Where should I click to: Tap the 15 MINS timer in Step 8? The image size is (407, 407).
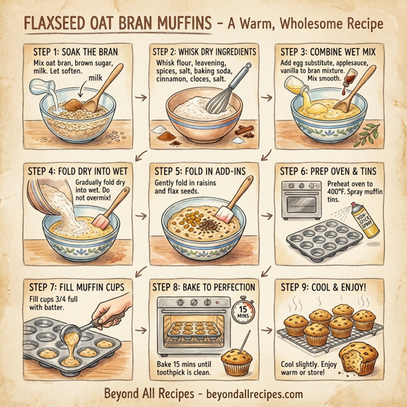pyautogui.click(x=244, y=313)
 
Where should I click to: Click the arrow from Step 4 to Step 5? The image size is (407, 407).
pyautogui.click(x=141, y=217)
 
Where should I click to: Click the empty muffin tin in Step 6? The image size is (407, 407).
pyautogui.click(x=319, y=241)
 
